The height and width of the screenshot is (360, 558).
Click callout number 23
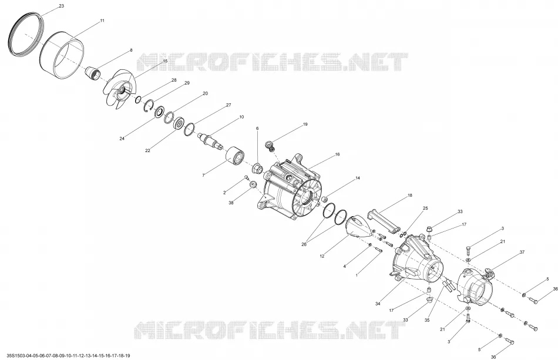(61, 6)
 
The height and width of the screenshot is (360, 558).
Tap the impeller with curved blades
(119, 89)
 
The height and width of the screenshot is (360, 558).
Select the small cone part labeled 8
(93, 73)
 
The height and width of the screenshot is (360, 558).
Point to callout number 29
(187, 83)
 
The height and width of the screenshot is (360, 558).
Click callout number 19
(305, 125)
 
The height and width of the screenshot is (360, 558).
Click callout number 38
(231, 203)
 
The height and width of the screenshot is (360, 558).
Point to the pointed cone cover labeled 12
(359, 226)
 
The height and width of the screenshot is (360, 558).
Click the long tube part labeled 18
(384, 221)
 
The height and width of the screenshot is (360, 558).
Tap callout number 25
(425, 208)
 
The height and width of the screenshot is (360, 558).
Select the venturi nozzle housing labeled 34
(417, 260)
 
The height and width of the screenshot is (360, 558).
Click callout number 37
(522, 252)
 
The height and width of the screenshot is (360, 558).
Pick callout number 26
(304, 244)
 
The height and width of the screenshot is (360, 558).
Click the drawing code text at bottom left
(66, 355)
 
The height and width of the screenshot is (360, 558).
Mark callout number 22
(147, 150)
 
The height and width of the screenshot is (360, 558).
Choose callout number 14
(357, 178)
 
